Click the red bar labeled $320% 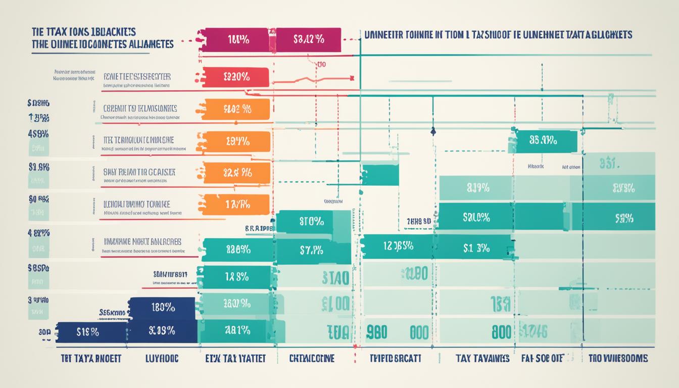click(235, 77)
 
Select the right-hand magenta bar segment click(309, 40)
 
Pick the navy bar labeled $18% click(91, 332)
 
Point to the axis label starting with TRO click(618, 358)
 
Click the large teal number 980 click(376, 332)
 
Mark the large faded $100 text click(335, 304)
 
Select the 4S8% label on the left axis click(38, 134)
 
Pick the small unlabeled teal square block click(380, 175)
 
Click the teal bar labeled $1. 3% click(475, 247)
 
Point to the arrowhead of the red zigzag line click(350, 78)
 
